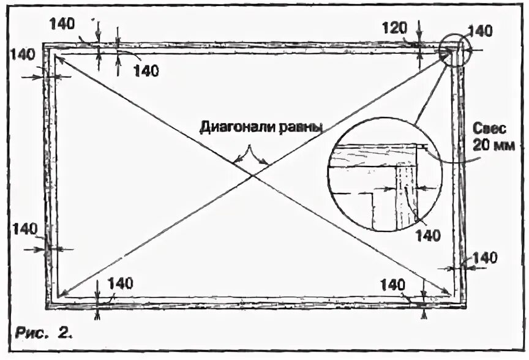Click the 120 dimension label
click(395, 28)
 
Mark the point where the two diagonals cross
click(253, 176)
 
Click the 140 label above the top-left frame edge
click(62, 24)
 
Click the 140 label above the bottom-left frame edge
click(120, 282)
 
